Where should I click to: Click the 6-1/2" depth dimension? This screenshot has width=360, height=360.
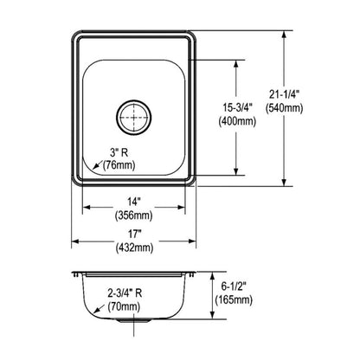pyautogui.click(x=237, y=286)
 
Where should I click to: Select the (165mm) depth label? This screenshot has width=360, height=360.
pyautogui.click(x=235, y=300)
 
